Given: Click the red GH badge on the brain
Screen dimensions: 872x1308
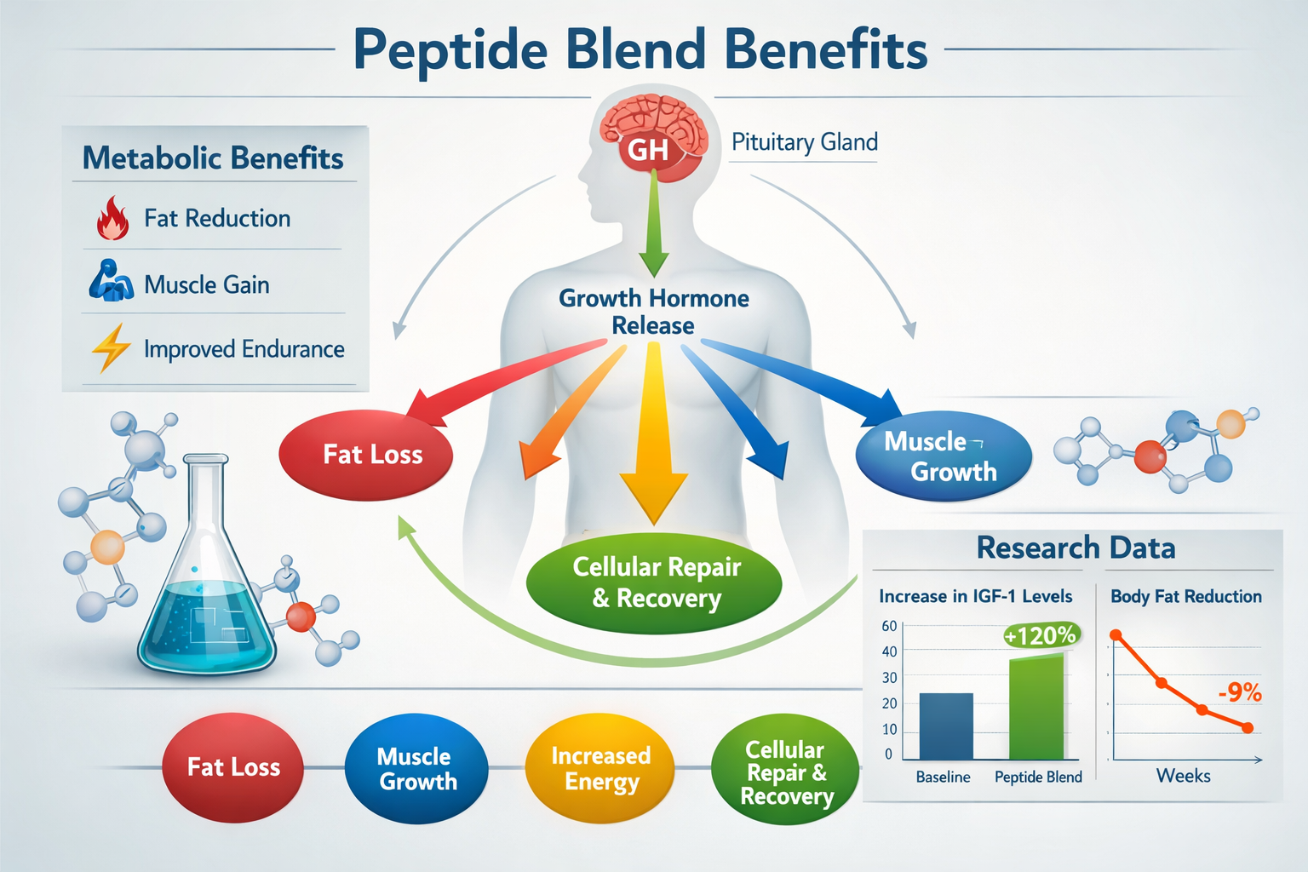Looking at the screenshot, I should tap(648, 151).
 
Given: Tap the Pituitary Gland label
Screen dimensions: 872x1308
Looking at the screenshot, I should tap(804, 142).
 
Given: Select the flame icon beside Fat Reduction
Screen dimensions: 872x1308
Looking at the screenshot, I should tap(112, 218).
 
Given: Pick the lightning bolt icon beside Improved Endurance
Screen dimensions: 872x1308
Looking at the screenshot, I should tap(111, 347).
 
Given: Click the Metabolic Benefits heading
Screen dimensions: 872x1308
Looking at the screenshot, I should tap(213, 158).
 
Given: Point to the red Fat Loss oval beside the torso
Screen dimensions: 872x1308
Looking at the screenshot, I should tap(366, 455).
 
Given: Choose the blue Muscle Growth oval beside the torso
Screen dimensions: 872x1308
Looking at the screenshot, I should tap(944, 456).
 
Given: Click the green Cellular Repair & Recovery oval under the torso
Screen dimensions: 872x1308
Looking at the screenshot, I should tap(654, 582).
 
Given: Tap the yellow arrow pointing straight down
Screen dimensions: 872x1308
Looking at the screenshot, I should tap(653, 443).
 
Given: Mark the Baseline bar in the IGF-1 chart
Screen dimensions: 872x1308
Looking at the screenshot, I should tap(946, 726).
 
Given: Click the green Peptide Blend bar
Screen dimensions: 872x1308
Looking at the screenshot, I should tap(1036, 707).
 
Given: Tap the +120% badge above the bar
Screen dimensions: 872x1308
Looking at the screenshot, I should tap(1040, 635).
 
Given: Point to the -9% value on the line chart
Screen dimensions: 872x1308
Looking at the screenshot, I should tap(1240, 692).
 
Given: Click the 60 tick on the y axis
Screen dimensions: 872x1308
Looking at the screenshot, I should tap(889, 626).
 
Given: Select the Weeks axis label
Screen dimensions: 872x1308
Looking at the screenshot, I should tap(1183, 776).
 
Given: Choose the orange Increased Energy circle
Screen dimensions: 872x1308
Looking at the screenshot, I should tap(600, 768).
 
